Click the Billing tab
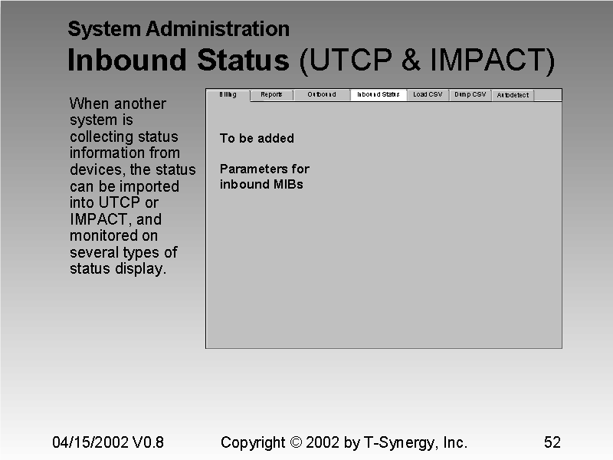click(228, 95)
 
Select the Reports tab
click(271, 95)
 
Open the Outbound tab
click(322, 95)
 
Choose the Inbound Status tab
click(379, 95)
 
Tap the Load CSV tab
click(428, 95)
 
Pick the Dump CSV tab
click(470, 95)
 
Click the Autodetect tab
click(513, 96)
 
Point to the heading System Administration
click(179, 30)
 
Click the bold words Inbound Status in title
click(179, 61)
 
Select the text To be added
click(257, 139)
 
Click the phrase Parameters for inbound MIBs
click(264, 176)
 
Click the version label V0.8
click(148, 442)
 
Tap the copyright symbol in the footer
click(297, 442)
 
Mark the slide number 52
click(552, 442)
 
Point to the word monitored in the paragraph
click(103, 236)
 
